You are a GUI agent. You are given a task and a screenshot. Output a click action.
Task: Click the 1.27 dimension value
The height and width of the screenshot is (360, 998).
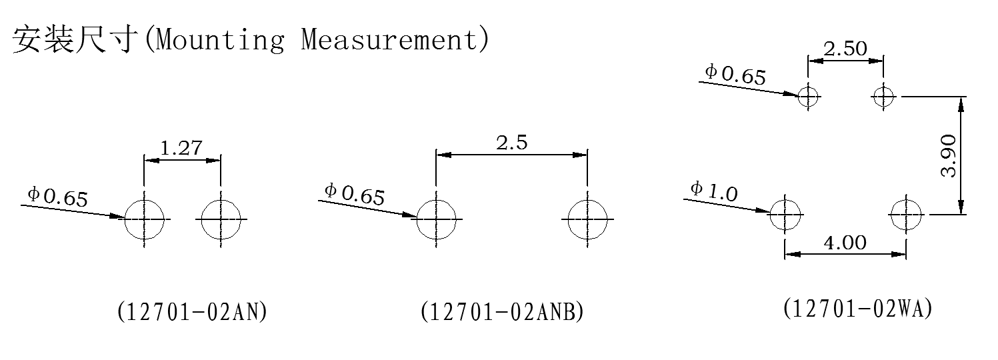tap(181, 148)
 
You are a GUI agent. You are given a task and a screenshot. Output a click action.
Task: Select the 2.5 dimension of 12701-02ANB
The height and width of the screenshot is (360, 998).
tap(511, 143)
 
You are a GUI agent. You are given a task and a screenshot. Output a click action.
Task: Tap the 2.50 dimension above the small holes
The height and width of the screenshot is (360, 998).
tap(845, 49)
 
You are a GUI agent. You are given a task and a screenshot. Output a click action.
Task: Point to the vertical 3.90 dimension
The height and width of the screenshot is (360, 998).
tap(949, 156)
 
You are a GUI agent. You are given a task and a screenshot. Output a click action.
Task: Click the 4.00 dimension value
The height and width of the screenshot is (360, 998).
tap(845, 243)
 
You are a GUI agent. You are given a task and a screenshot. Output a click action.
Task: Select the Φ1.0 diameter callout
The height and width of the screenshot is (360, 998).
tap(714, 191)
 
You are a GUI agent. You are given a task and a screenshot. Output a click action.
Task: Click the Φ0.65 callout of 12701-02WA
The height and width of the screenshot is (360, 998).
tap(735, 74)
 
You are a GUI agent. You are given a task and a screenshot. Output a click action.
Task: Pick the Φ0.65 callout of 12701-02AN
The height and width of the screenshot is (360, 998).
tap(58, 197)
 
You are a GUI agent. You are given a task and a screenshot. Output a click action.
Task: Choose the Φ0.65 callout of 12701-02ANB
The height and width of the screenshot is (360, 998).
tap(355, 194)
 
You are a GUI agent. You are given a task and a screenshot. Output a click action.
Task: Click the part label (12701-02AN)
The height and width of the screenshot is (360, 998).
tap(192, 311)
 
